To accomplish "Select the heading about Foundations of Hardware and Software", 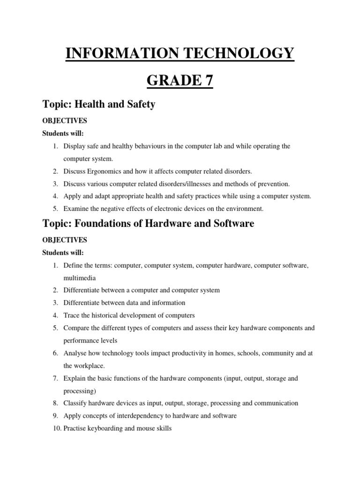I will (x=148, y=224).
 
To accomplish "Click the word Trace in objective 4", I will (x=72, y=315).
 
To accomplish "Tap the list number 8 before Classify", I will (x=55, y=403).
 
